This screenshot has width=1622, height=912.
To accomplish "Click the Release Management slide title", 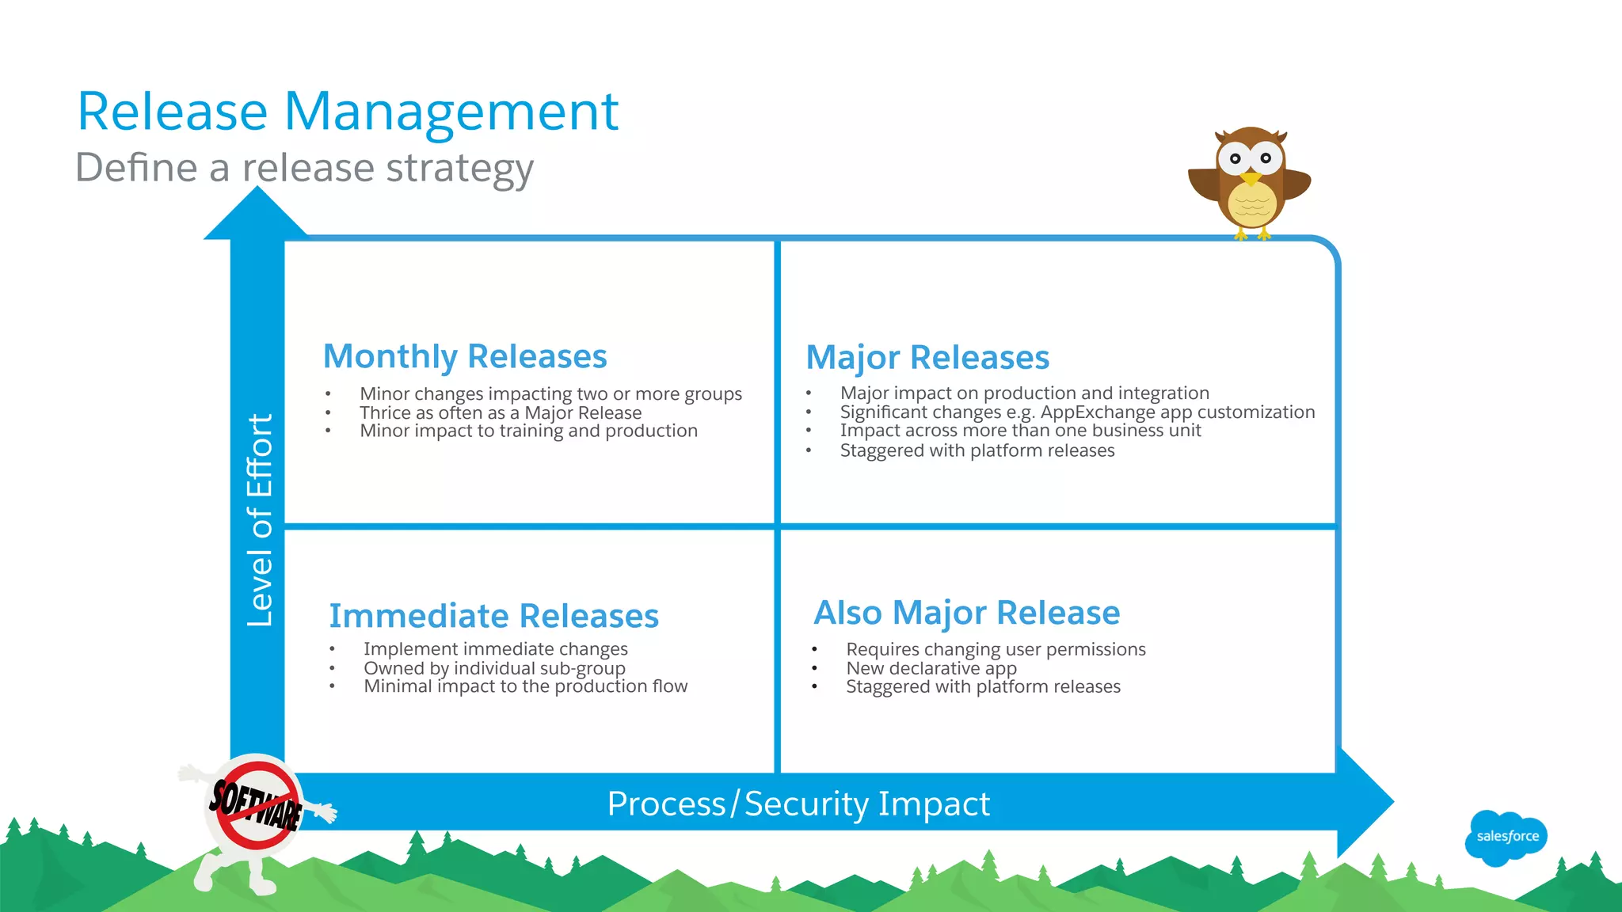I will coord(347,112).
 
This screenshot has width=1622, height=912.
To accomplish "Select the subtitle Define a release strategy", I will coord(304,168).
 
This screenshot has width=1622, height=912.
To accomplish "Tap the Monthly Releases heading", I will coord(465,356).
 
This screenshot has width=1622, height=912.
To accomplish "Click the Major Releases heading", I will coord(927,358).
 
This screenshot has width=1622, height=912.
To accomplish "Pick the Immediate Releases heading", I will coord(493,616).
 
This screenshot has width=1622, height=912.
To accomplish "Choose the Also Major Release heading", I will coord(966,613).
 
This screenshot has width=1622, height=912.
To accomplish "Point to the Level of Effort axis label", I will coord(259,520).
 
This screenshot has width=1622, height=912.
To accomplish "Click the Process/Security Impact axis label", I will coord(798,804).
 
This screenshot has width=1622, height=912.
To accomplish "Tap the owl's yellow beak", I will coord(1251,178).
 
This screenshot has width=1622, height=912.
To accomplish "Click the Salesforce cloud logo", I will coord(1506,837).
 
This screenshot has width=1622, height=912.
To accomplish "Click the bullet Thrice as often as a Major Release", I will coord(501,412).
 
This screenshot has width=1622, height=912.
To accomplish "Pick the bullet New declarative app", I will coord(931,668).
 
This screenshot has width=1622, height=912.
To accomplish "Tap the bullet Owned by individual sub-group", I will coord(494,668).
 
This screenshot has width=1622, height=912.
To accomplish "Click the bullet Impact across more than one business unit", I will coord(1020,431).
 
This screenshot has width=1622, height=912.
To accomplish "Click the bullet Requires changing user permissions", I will coord(996,649).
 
